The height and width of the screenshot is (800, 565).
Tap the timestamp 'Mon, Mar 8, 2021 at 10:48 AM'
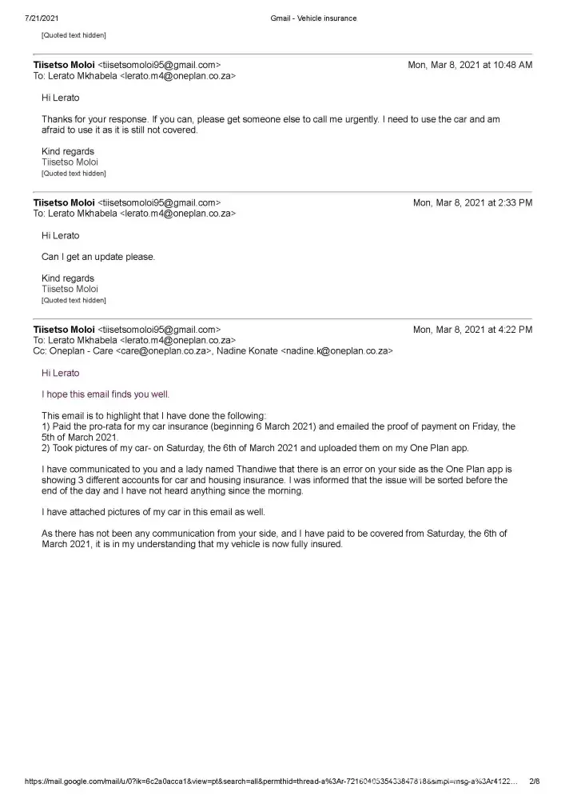pyautogui.click(x=470, y=65)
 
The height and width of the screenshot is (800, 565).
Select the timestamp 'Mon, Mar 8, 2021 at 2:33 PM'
pyautogui.click(x=472, y=203)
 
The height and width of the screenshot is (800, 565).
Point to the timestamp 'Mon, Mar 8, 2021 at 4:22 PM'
pyautogui.click(x=472, y=330)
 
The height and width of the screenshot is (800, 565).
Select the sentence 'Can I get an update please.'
pyautogui.click(x=98, y=257)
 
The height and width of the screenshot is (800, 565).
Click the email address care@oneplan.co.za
pyautogui.click(x=163, y=351)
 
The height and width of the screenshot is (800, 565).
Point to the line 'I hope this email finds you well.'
pyautogui.click(x=105, y=394)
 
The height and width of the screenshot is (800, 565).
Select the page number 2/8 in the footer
pyautogui.click(x=535, y=782)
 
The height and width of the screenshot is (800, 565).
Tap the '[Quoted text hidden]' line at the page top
pyautogui.click(x=74, y=35)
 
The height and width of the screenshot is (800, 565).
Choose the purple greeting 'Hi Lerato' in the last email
pyautogui.click(x=61, y=373)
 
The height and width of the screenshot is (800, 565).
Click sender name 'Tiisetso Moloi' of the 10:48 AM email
pyautogui.click(x=63, y=65)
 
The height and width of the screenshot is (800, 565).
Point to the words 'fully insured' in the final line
pyautogui.click(x=317, y=544)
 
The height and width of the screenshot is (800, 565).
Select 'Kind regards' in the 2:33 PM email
pyautogui.click(x=68, y=278)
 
